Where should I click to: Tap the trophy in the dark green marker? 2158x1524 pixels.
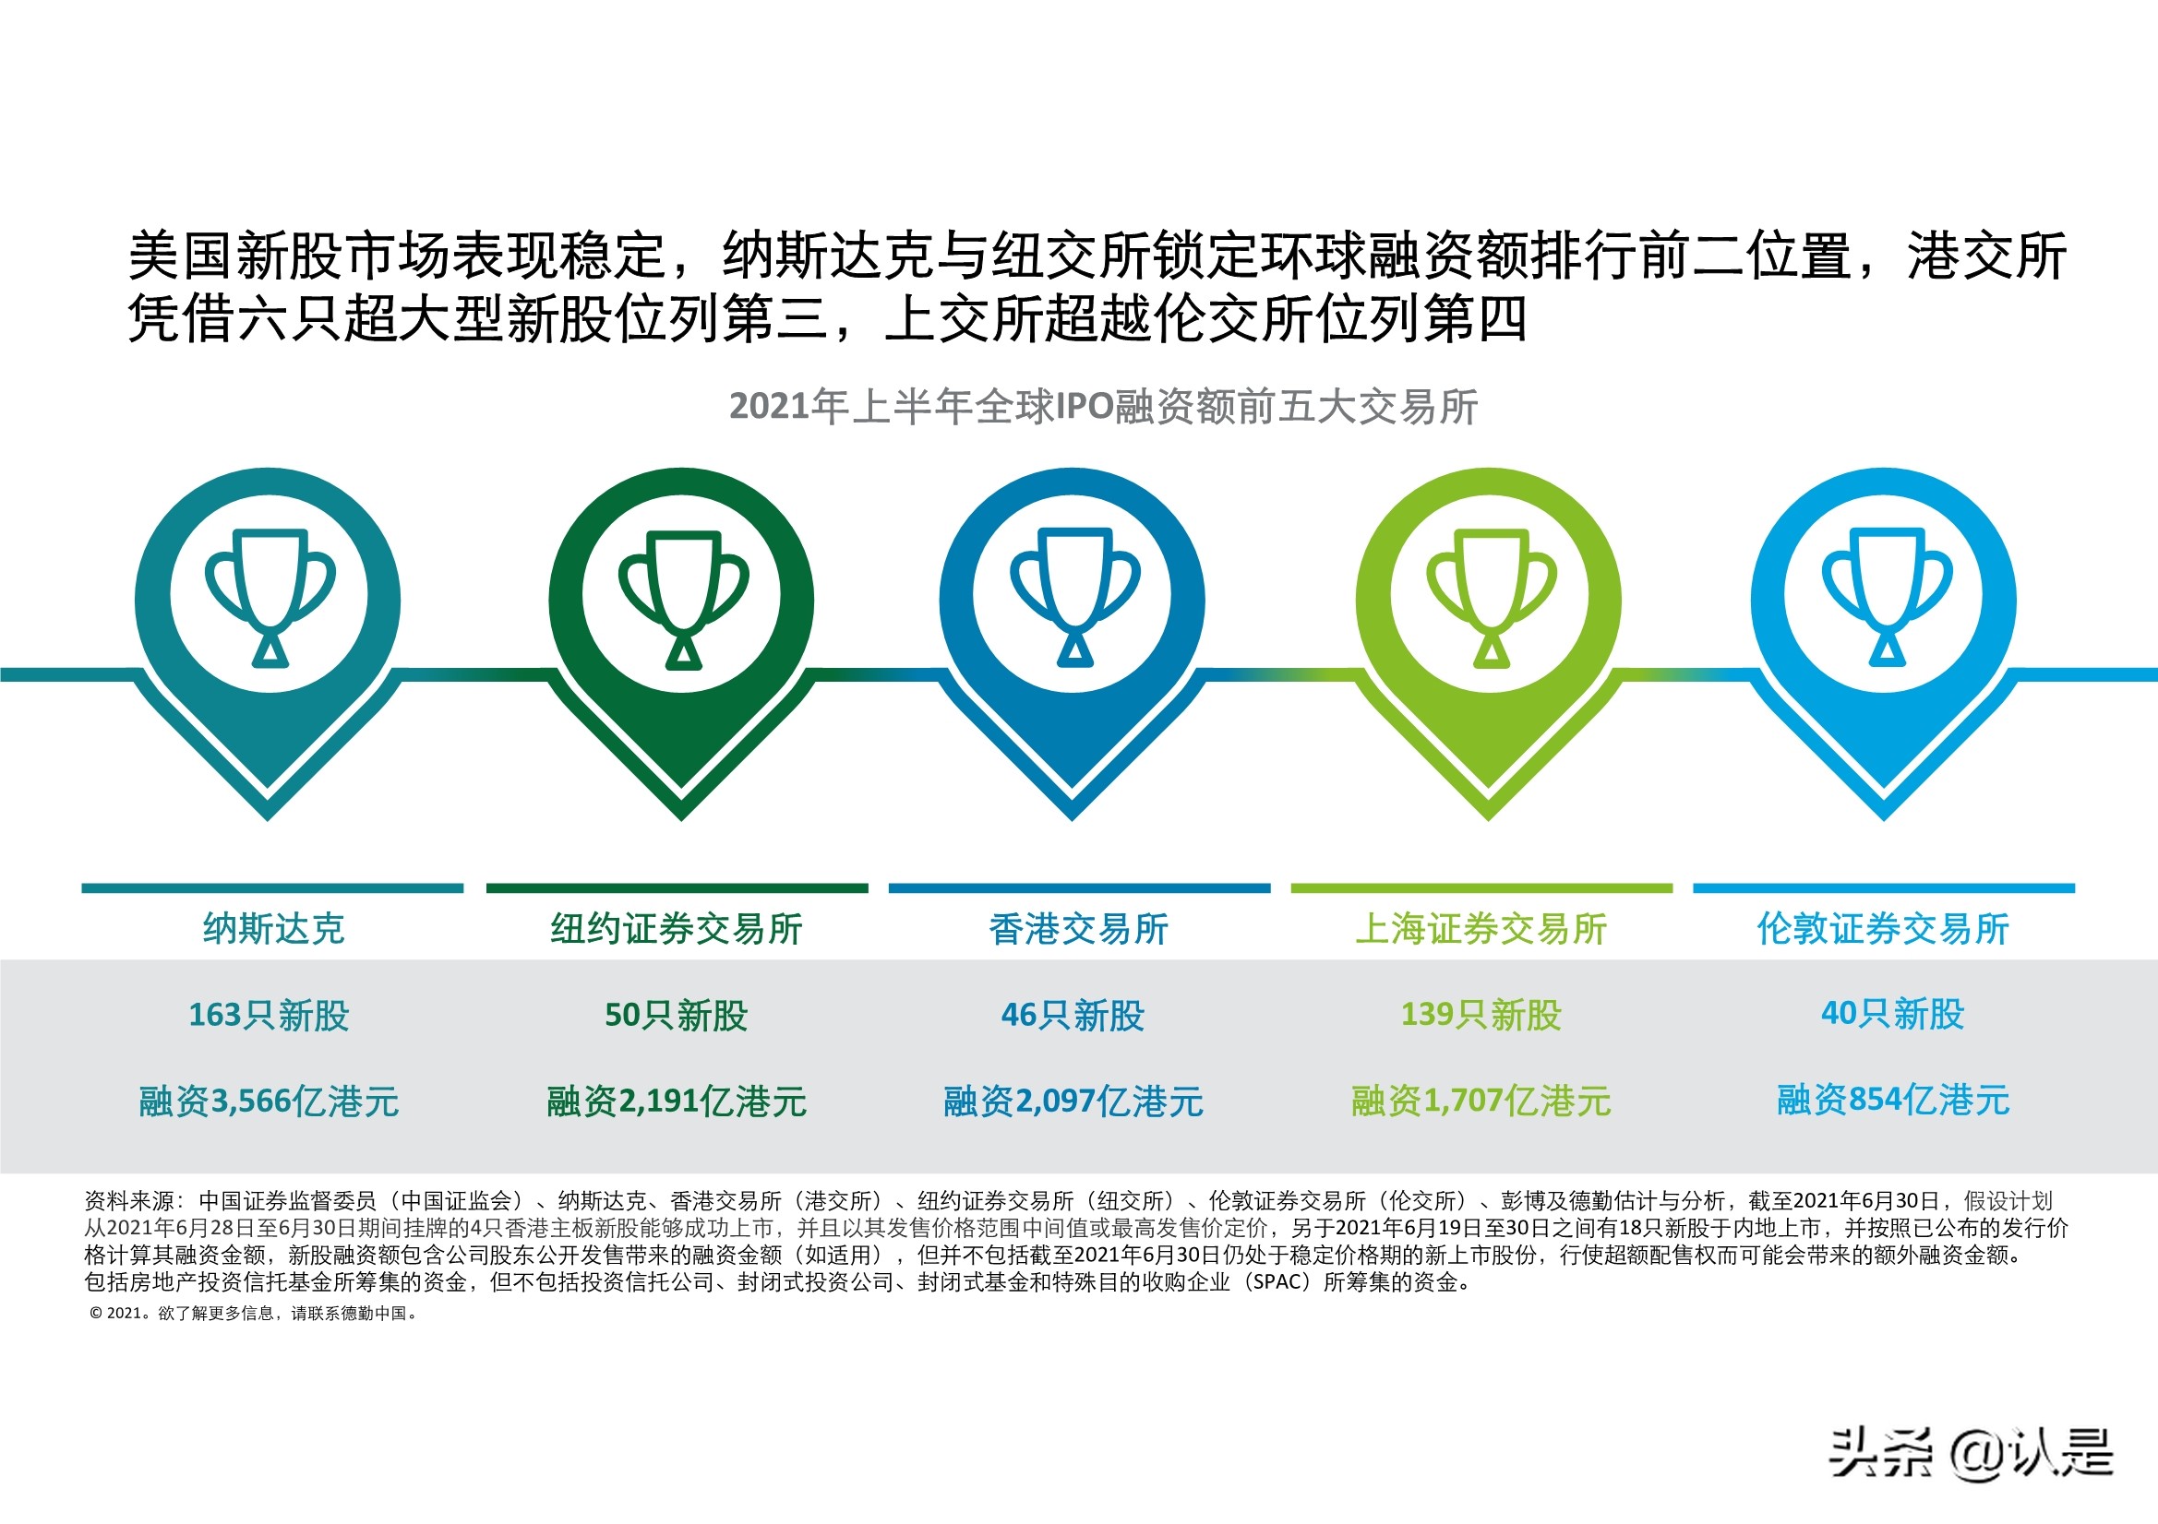pos(683,598)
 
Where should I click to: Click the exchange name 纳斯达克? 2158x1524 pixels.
pos(273,928)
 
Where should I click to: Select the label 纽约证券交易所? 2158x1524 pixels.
pos(677,928)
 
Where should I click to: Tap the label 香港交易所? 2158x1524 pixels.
pos(1078,928)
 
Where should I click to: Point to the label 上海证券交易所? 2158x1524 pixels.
pos(1481,928)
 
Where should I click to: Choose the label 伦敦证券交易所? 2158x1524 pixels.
pos(1884,928)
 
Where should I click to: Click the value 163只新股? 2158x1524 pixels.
pos(269,1015)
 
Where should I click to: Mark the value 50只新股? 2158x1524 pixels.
pos(676,1015)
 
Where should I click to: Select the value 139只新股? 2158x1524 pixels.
pos(1481,1015)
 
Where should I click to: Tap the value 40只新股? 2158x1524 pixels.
pos(1893,1013)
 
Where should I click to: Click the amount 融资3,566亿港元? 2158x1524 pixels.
pos(269,1101)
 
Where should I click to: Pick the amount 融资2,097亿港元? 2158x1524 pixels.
pos(1073,1101)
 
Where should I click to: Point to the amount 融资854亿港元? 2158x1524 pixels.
pos(1893,1100)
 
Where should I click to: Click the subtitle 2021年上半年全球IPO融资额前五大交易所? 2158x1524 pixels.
pos(1103,407)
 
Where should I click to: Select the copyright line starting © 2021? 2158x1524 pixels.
pos(254,1314)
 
